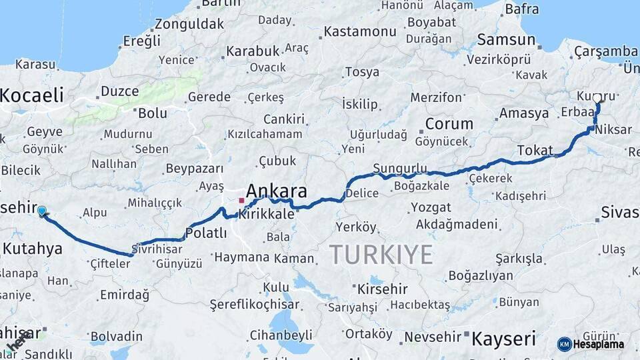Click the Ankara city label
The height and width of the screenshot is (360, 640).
click(277, 192)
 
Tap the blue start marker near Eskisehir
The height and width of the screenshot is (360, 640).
click(42, 211)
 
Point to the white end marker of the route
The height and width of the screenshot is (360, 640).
click(597, 98)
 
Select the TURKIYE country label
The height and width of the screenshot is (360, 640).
click(381, 254)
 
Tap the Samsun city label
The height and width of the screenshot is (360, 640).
click(506, 39)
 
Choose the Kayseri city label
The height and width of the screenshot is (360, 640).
click(503, 339)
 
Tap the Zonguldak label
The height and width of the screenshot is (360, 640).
click(189, 24)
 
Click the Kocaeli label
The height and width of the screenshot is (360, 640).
click(31, 95)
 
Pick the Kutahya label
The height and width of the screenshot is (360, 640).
click(32, 249)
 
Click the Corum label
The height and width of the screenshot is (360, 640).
click(449, 123)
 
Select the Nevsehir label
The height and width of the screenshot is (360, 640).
click(433, 336)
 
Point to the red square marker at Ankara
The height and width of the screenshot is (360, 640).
click(241, 200)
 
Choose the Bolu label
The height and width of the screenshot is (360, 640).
click(152, 113)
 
